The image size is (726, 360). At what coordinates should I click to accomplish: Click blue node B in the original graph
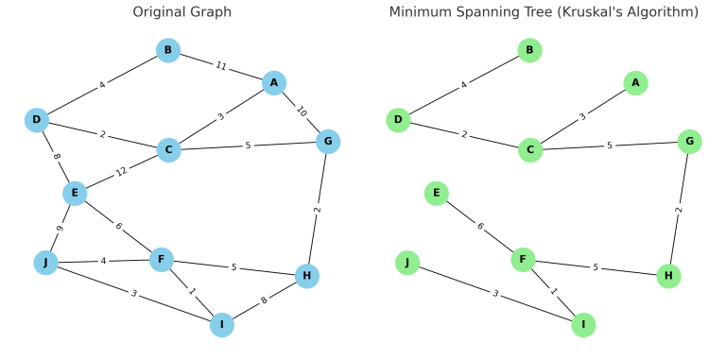tap(168, 50)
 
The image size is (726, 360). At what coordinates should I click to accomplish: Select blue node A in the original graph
tap(274, 83)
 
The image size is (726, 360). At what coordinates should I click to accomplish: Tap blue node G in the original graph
tap(328, 141)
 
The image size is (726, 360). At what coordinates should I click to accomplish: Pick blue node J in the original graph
tap(44, 262)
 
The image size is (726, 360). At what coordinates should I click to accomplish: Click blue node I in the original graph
tap(222, 326)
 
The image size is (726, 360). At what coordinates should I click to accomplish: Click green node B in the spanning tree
tap(529, 50)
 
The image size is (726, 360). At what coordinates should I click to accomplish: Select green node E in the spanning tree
tap(436, 194)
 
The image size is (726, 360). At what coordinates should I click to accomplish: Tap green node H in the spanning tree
tap(668, 277)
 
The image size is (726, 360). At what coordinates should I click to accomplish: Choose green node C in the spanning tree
tap(530, 149)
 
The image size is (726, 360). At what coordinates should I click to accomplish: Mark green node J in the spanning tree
tap(406, 262)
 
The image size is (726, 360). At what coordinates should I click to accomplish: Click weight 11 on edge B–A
tap(222, 67)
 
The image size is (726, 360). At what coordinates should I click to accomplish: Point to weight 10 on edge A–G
tap(302, 111)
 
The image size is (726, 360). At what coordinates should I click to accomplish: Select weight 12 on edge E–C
tap(120, 172)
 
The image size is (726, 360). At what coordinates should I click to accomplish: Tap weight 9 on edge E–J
tap(59, 229)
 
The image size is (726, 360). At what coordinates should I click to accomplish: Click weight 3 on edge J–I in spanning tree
tap(494, 294)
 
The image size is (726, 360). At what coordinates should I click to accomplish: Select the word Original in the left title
tap(168, 12)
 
